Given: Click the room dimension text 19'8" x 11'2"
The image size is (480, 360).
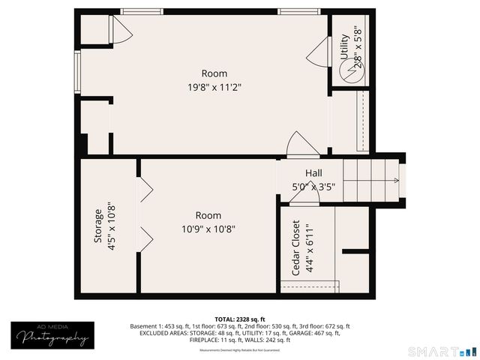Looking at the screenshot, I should click(214, 87).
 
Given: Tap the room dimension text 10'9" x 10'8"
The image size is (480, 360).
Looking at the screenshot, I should click(214, 229).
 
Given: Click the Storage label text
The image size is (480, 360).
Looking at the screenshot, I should click(97, 225).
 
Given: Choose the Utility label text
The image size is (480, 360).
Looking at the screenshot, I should click(344, 46).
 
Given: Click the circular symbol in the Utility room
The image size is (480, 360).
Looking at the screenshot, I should click(349, 72).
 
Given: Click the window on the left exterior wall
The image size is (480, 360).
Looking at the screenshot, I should click(76, 71).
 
